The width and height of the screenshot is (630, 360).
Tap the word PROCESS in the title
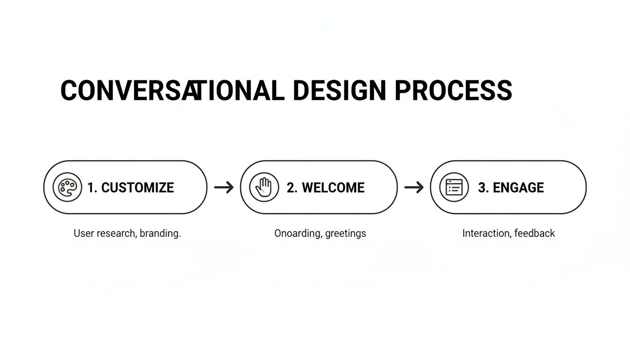[x=453, y=90]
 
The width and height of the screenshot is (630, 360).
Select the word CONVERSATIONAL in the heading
[x=172, y=90]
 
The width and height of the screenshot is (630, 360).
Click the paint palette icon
[x=67, y=187]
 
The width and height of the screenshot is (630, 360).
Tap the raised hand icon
[x=263, y=187]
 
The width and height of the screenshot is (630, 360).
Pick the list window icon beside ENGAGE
[x=454, y=187]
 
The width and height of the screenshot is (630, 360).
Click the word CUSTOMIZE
[x=137, y=187]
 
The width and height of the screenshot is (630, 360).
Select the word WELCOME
[x=333, y=187]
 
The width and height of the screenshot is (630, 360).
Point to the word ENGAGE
[x=518, y=187]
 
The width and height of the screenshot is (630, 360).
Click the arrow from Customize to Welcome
[x=224, y=187]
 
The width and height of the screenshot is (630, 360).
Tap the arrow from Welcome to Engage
[x=414, y=187]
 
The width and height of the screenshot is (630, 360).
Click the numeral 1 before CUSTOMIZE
[x=91, y=187]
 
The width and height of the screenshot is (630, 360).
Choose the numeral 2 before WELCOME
[x=291, y=187]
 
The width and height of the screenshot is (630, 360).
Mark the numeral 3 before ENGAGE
[x=482, y=187]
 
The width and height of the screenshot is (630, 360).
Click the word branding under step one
[x=161, y=233]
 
